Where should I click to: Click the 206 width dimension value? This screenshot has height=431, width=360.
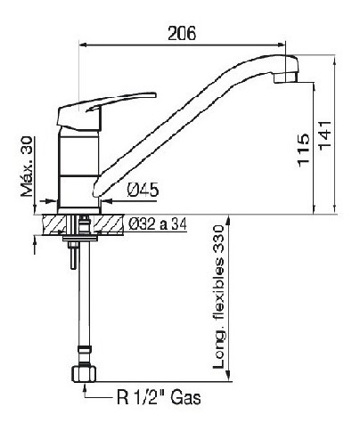(182, 33)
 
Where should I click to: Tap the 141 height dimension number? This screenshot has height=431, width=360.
(324, 134)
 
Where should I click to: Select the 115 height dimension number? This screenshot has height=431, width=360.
(304, 150)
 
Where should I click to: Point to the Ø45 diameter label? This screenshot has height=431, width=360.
(143, 190)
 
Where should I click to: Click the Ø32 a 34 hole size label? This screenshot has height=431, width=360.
(158, 224)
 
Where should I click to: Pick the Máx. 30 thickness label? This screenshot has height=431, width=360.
(27, 167)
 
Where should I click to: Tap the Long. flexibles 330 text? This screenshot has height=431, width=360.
(218, 297)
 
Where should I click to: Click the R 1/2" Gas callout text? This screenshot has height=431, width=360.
(159, 397)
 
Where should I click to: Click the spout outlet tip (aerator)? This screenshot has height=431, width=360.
(286, 77)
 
